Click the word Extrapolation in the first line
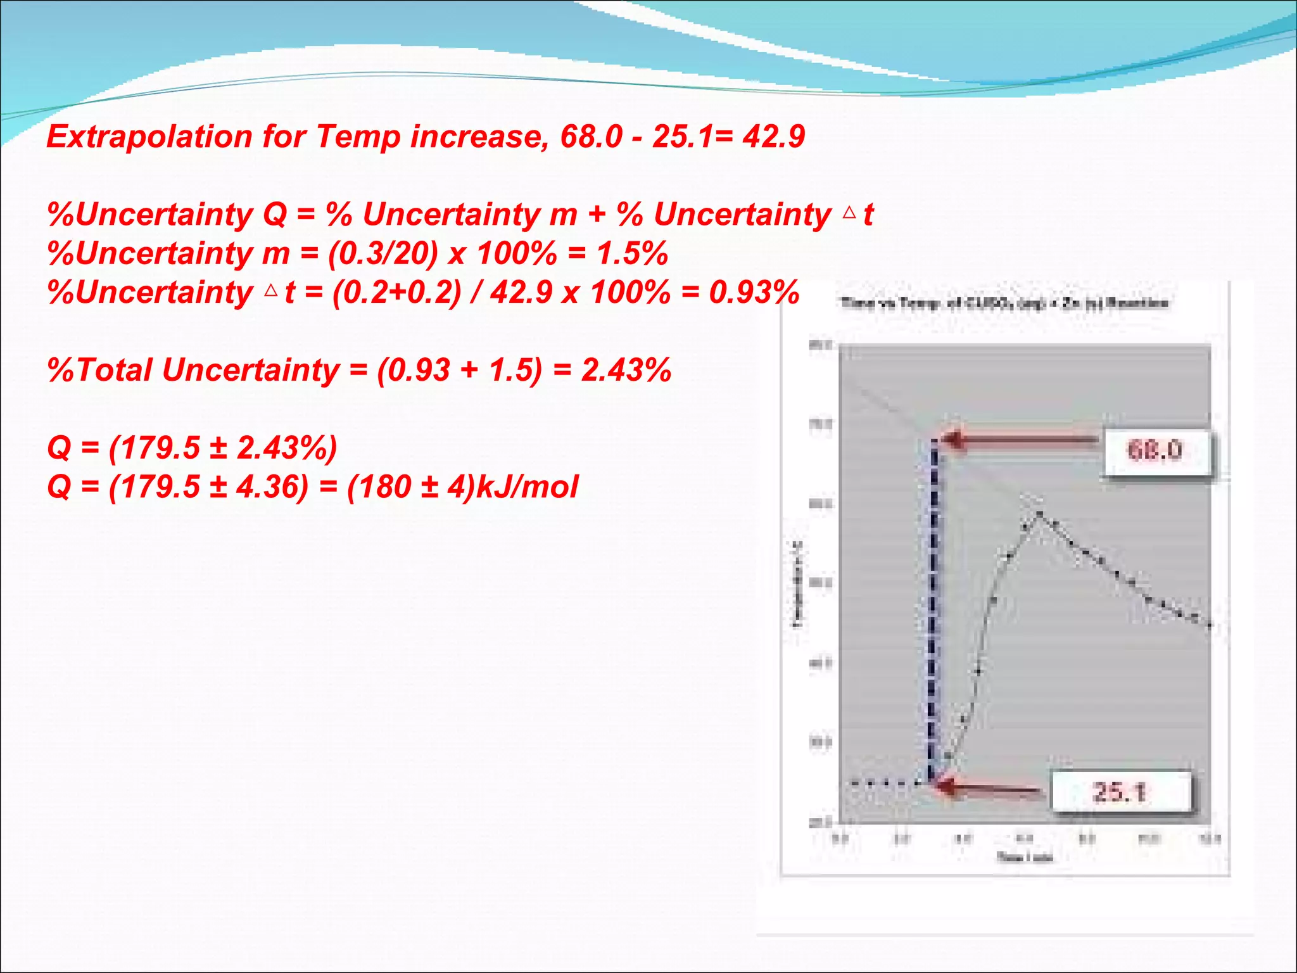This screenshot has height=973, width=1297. tap(149, 137)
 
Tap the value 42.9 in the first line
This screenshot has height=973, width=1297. tap(773, 137)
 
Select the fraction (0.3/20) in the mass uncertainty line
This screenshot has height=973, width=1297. tap(383, 253)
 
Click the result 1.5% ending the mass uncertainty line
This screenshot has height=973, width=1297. tap(632, 253)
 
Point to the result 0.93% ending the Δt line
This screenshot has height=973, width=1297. tap(754, 293)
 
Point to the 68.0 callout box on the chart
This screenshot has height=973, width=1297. tap(1155, 450)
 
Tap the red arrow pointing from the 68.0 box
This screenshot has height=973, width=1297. tap(1020, 440)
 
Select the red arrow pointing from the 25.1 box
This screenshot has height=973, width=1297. tap(988, 788)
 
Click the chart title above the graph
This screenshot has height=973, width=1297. tap(1004, 303)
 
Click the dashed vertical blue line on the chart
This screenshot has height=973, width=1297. tap(933, 608)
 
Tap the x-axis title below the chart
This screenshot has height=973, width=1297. tap(1024, 858)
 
